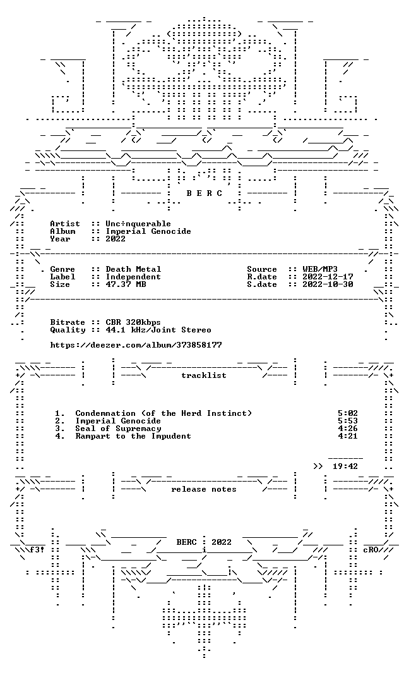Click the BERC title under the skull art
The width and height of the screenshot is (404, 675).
coord(204,193)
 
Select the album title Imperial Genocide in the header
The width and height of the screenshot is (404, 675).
coord(148,231)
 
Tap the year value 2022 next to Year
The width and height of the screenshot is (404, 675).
coord(116,239)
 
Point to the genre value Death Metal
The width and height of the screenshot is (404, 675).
coord(133,269)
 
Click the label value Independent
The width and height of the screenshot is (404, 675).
coord(133,277)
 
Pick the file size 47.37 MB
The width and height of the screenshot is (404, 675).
coord(126,284)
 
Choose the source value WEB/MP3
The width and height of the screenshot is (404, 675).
coord(320,269)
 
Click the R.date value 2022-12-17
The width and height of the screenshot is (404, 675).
coord(328,277)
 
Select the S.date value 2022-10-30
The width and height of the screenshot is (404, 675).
coord(328,284)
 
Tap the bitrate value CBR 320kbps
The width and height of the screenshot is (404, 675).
coord(133,322)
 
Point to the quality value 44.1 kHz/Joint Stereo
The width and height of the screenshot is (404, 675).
coord(158,330)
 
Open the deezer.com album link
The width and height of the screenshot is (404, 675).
coord(136,345)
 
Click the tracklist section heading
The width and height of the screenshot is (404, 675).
coord(204,375)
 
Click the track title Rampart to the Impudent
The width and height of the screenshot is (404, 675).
coord(133,436)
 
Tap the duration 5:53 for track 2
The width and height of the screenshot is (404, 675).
coord(348,421)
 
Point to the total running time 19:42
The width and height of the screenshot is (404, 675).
coord(345,466)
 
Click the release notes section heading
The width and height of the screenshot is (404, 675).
coord(204,489)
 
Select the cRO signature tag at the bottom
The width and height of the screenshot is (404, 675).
coord(371,550)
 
